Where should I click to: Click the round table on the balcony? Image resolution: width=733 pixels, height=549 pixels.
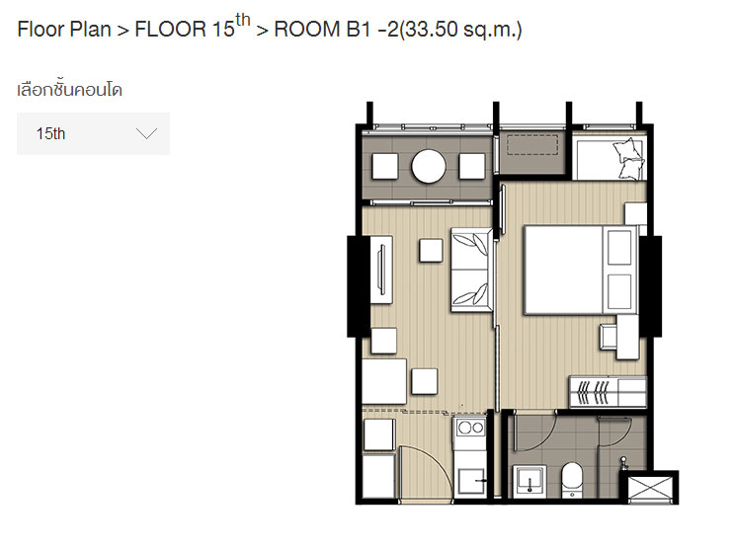tap(428, 166)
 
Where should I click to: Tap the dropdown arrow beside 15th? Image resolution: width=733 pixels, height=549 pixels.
tap(146, 134)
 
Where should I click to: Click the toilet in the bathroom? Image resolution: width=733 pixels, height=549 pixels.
tap(572, 479)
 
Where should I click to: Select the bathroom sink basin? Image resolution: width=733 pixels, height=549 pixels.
tap(530, 481)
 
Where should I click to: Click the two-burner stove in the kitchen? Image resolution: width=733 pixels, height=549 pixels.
tap(470, 428)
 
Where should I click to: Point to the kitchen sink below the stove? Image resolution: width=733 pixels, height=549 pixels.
tap(470, 481)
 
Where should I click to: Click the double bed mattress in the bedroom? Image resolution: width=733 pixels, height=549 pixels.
tap(563, 271)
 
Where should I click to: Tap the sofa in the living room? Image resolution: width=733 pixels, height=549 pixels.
tap(471, 270)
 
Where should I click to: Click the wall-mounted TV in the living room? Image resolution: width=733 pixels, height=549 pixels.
tap(381, 271)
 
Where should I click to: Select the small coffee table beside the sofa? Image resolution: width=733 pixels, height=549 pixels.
tap(431, 251)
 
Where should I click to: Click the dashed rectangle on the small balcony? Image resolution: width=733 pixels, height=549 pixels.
tap(532, 145)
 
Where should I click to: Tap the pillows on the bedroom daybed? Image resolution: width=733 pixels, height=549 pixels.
tap(628, 159)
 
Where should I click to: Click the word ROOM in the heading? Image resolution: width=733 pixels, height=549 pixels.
tap(306, 30)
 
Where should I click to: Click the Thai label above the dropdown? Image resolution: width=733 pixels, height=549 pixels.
tap(70, 89)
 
